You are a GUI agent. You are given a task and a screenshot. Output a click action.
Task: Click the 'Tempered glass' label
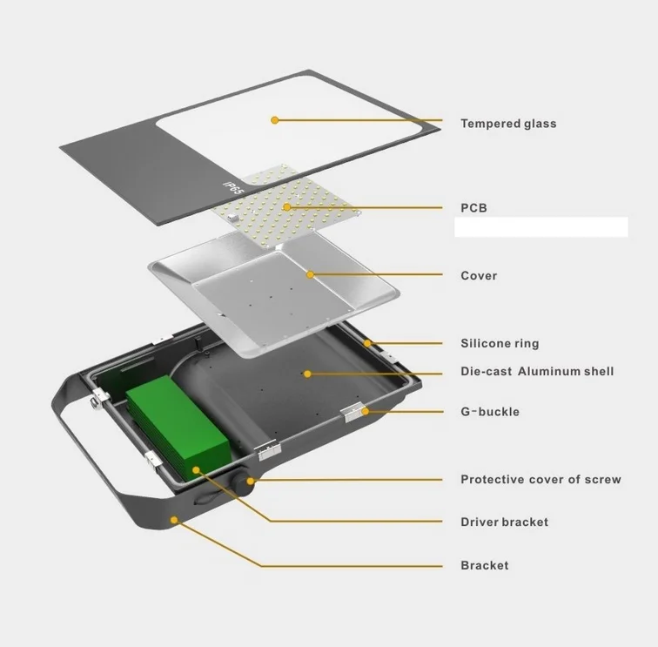pyautogui.click(x=508, y=124)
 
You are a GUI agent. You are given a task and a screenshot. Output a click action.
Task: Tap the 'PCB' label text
pyautogui.click(x=473, y=208)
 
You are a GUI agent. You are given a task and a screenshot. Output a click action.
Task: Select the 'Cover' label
pyautogui.click(x=479, y=275)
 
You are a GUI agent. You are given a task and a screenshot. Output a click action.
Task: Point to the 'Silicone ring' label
pyautogui.click(x=500, y=343)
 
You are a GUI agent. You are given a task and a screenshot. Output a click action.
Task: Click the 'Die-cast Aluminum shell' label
pyautogui.click(x=537, y=371)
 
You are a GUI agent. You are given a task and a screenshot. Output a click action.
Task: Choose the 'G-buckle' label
pyautogui.click(x=490, y=412)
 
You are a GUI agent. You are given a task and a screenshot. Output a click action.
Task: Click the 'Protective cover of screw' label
pyautogui.click(x=540, y=480)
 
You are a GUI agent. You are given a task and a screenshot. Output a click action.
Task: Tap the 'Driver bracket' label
pyautogui.click(x=505, y=522)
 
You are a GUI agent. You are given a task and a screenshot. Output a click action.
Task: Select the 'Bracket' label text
pyautogui.click(x=484, y=565)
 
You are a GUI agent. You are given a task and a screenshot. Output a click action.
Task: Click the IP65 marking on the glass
pyautogui.click(x=233, y=187)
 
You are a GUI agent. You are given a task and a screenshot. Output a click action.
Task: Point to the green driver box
pyautogui.click(x=178, y=428)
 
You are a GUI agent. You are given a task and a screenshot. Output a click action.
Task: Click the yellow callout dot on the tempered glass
pyautogui.click(x=274, y=120)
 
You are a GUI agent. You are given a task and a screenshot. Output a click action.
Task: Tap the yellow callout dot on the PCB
pyautogui.click(x=287, y=207)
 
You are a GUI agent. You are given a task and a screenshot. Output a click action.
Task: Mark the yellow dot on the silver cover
pyautogui.click(x=310, y=274)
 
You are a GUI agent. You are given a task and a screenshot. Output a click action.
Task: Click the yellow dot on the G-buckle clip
pyautogui.click(x=365, y=412)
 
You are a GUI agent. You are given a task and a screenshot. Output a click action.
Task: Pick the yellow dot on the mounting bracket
pyautogui.click(x=174, y=520)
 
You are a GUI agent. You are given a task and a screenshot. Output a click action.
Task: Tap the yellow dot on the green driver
pyautogui.click(x=196, y=470)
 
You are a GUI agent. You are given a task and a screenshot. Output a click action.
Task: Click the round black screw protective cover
pyautogui.click(x=244, y=482)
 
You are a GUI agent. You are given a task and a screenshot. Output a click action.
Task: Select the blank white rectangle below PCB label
pyautogui.click(x=541, y=227)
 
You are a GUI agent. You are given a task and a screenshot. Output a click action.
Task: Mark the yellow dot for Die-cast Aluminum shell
pyautogui.click(x=307, y=374)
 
